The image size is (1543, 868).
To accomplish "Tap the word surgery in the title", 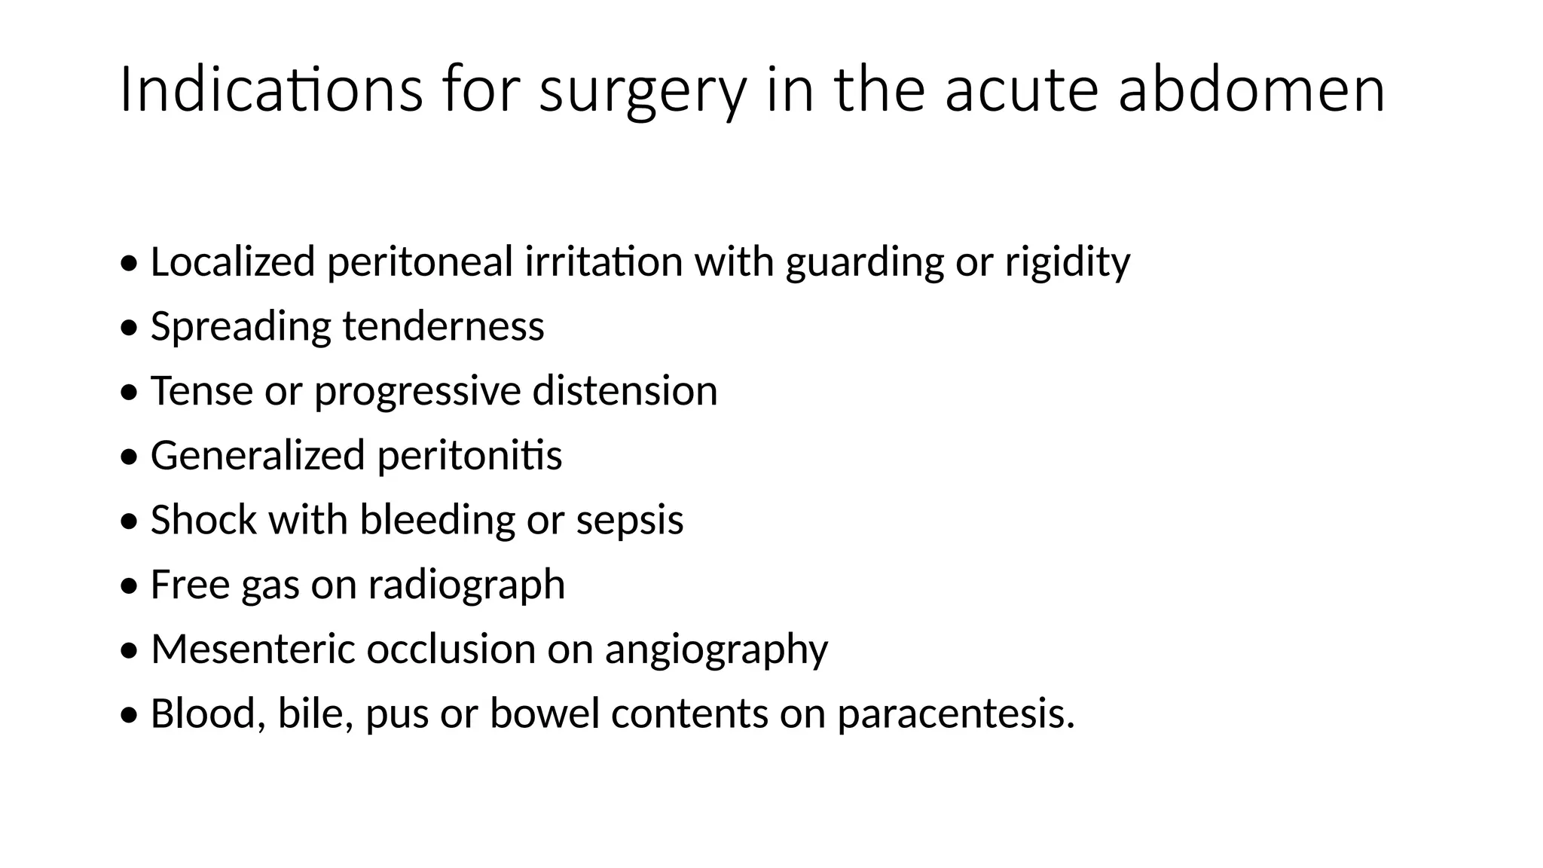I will (x=643, y=92).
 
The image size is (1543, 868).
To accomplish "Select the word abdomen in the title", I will (x=1251, y=90).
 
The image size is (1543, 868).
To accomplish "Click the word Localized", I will (x=232, y=261).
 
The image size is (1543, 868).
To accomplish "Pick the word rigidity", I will (x=1067, y=263).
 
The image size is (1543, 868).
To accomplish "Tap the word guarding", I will (x=864, y=263).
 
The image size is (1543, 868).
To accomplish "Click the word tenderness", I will (x=443, y=326).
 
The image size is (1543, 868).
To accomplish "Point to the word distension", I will (x=625, y=390).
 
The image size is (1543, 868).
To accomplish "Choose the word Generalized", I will (x=258, y=455).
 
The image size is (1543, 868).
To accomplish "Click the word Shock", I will (x=203, y=519).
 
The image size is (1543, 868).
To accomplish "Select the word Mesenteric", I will (x=252, y=648).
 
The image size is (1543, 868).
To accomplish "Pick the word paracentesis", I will (x=955, y=714).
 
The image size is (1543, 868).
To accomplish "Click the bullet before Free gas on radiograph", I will (x=130, y=585).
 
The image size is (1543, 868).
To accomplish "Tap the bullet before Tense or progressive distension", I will (x=130, y=392).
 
